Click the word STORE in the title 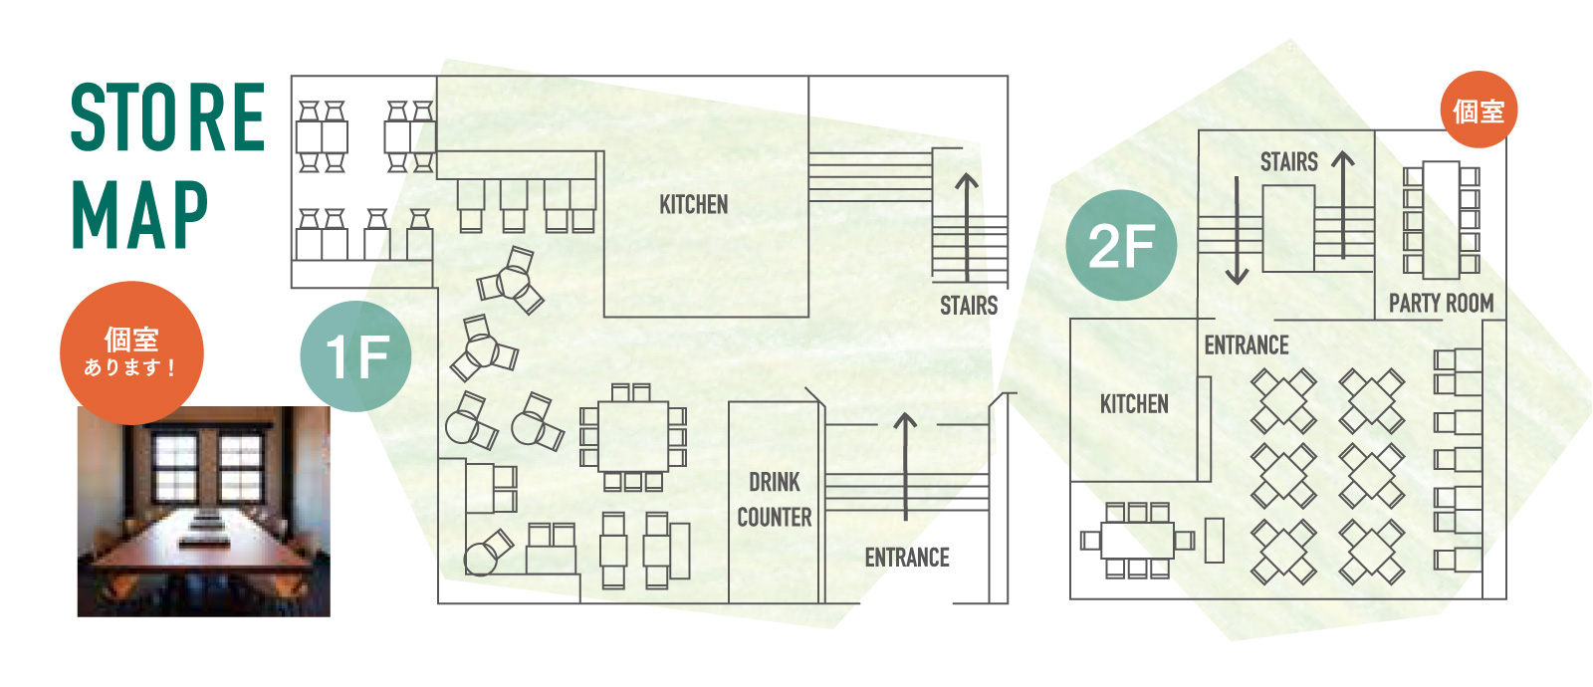point(168,117)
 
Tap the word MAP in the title point(139,214)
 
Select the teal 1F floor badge point(355,356)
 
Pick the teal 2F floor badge point(1121,245)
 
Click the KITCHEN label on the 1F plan point(693,205)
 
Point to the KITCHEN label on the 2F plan point(1134,404)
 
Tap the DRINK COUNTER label point(775,499)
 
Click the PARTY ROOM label point(1442,303)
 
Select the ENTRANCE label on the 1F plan point(907,558)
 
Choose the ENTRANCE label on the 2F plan point(1247,344)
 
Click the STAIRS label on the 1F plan point(969,306)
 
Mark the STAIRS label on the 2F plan point(1288,162)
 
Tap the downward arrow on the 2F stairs point(1238,230)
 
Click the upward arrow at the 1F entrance point(905,467)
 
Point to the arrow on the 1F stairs point(967,228)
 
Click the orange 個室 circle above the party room point(1479,110)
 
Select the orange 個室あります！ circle point(131,352)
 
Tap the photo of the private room point(204,512)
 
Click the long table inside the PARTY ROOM point(1442,220)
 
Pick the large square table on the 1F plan point(633,436)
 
